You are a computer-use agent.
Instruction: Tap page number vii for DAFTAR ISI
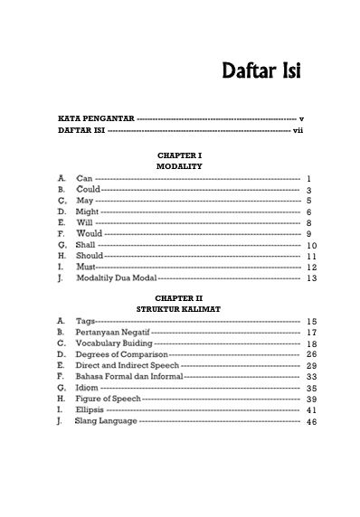pyautogui.click(x=298, y=131)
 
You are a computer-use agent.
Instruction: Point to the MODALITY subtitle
pyautogui.click(x=179, y=167)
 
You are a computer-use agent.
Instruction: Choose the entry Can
pyautogui.click(x=84, y=179)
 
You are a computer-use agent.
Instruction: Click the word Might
pyautogui.click(x=89, y=211)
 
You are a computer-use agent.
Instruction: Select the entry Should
pyautogui.click(x=90, y=256)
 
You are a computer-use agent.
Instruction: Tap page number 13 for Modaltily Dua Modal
pyautogui.click(x=309, y=278)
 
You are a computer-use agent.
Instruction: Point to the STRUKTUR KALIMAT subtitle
pyautogui.click(x=179, y=309)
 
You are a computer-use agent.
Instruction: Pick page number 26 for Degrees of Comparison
pyautogui.click(x=309, y=355)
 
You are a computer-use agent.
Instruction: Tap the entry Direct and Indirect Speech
pyautogui.click(x=128, y=366)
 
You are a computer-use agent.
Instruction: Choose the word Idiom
pyautogui.click(x=87, y=388)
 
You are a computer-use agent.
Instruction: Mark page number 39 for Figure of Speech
pyautogui.click(x=309, y=399)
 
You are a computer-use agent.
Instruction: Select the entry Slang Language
pyautogui.click(x=107, y=421)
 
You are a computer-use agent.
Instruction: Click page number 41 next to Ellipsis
pyautogui.click(x=309, y=410)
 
